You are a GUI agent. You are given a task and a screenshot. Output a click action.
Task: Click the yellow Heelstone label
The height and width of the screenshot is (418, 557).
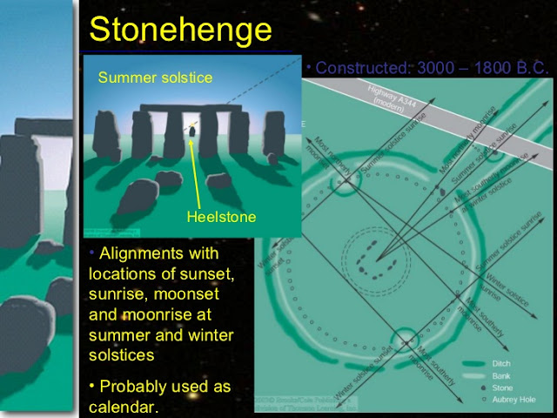221,217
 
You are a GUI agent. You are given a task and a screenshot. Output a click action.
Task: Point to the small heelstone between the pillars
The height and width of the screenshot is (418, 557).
191,131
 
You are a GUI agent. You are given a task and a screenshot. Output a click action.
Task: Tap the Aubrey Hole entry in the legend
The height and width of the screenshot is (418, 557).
513,401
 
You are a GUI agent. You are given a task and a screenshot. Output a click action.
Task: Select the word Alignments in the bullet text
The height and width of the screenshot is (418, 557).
144,254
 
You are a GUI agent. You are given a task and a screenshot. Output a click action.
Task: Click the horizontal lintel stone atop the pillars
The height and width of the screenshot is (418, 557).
190,109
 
